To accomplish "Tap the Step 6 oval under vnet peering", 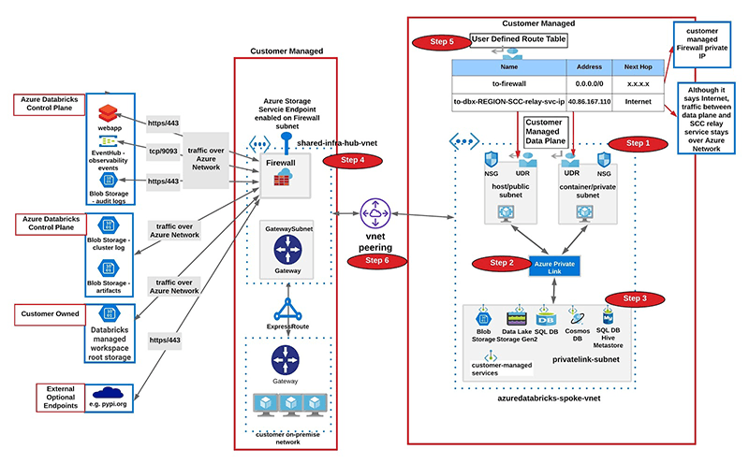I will pyautogui.click(x=374, y=260).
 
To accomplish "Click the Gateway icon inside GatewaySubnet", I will pyautogui.click(x=284, y=249).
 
